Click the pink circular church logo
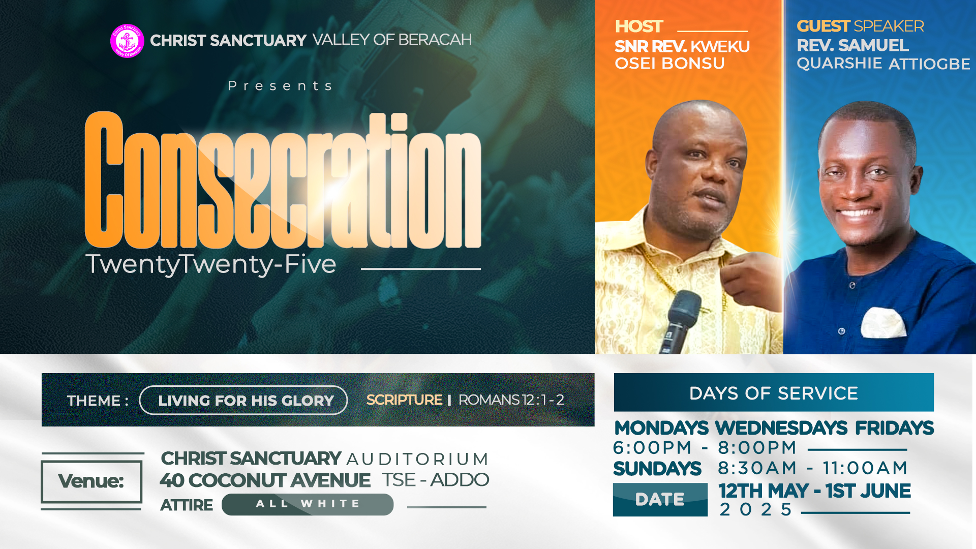(127, 41)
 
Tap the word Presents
(281, 86)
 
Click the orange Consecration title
(283, 180)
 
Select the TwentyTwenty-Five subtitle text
(211, 264)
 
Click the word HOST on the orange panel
(639, 26)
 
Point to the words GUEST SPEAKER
(860, 26)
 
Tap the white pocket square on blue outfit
(884, 322)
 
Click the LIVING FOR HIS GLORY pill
(243, 400)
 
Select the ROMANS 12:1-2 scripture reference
(511, 400)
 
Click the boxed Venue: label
(91, 481)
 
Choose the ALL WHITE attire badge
(308, 504)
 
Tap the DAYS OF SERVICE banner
(774, 392)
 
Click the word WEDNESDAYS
(781, 428)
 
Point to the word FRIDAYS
(894, 428)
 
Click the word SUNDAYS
(657, 469)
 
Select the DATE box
(660, 499)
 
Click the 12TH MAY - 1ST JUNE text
(814, 491)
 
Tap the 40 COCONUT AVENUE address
(265, 480)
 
